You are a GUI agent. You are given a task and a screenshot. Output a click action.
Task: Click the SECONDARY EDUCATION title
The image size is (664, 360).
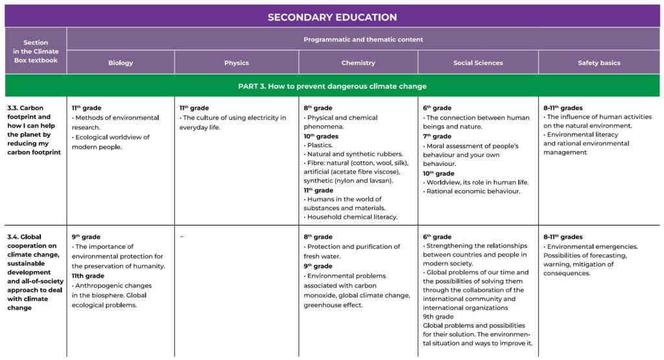tap(332, 17)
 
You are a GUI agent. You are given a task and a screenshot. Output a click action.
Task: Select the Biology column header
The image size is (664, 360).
tap(121, 63)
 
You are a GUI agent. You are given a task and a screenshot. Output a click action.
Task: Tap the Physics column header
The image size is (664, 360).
tap(236, 63)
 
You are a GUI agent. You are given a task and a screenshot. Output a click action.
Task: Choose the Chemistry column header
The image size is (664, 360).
tap(358, 63)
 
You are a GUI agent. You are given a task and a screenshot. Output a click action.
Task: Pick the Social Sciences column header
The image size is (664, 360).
tap(477, 63)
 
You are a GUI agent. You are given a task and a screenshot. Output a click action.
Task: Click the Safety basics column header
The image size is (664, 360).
tap(599, 63)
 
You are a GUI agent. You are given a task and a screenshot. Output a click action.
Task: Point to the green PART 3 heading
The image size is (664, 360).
tap(332, 86)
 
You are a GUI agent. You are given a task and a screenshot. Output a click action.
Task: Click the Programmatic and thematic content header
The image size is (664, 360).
tap(363, 40)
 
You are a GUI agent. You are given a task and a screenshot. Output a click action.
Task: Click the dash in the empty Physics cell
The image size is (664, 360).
tap(182, 237)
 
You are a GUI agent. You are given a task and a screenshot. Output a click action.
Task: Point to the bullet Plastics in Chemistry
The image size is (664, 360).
tap(319, 145)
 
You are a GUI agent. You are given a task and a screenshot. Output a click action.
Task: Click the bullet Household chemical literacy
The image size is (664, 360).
tap(351, 217)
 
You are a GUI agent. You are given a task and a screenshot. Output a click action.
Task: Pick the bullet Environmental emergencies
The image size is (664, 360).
tap(592, 246)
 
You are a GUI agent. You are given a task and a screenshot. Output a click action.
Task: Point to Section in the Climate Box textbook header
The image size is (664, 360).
tap(36, 51)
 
